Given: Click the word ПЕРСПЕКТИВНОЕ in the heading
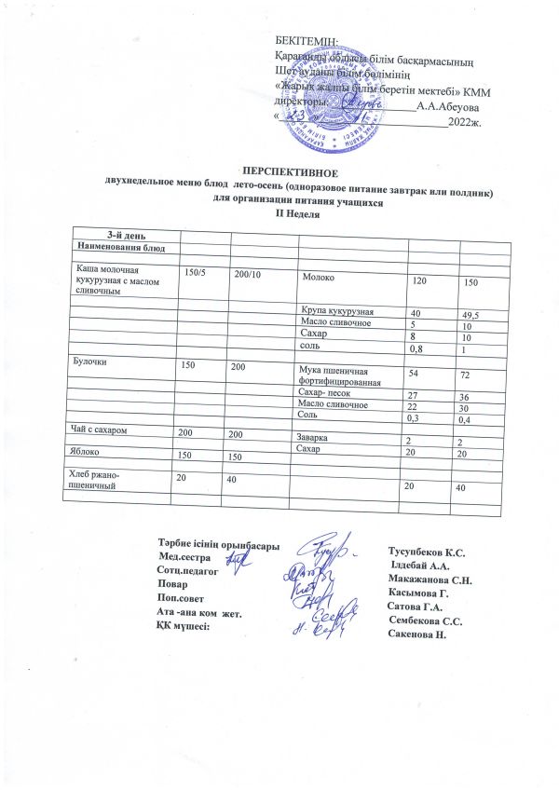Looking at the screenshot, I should pyautogui.click(x=290, y=171).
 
